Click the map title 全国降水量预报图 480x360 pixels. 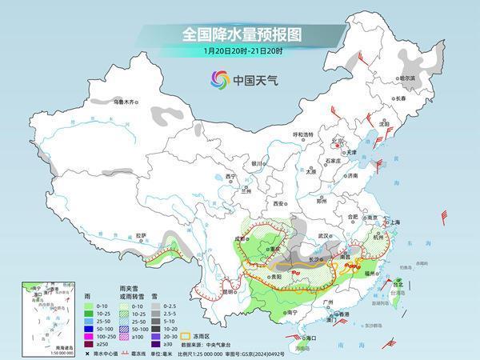point(239,34)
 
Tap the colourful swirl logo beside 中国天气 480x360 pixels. point(219,79)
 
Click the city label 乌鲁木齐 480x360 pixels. point(126,102)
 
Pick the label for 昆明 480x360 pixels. point(208,291)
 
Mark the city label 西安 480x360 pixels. point(279,204)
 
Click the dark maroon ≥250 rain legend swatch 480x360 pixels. point(82,342)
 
